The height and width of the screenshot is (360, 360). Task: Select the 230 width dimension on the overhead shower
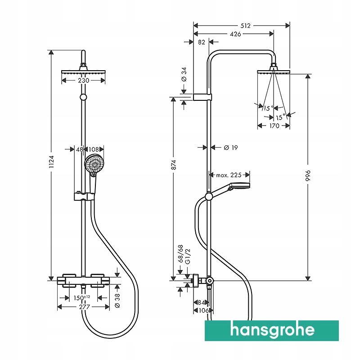[83, 81]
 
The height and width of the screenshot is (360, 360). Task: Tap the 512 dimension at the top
[245, 26]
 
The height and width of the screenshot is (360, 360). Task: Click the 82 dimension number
[201, 42]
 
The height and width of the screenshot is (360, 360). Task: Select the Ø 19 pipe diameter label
[230, 147]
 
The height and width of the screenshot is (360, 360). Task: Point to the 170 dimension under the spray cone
[274, 126]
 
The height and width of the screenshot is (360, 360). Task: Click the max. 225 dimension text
[229, 175]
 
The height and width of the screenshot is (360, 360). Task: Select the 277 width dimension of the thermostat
[84, 307]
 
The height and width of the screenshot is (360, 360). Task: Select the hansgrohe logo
[272, 330]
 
